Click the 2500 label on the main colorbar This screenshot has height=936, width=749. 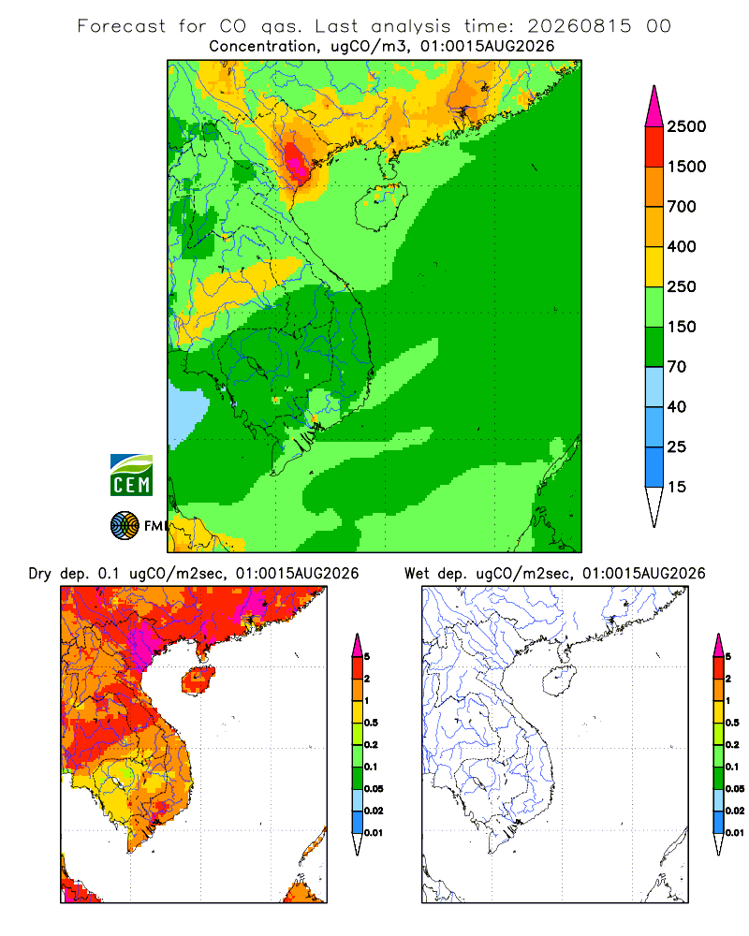[x=686, y=126]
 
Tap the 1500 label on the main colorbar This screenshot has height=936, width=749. [x=686, y=167]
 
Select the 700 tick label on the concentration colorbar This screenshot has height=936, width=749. [x=682, y=207]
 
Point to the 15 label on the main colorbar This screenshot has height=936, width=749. [x=677, y=487]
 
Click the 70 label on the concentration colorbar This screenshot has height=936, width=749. [x=677, y=367]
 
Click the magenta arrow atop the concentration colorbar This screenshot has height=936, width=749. [x=654, y=107]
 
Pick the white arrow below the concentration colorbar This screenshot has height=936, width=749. [x=654, y=506]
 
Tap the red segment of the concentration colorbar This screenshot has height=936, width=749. [x=654, y=147]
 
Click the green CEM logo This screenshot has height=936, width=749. [x=131, y=475]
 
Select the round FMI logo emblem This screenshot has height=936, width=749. [x=125, y=526]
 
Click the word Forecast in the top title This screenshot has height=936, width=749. [x=122, y=26]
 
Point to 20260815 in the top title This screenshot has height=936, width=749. [x=580, y=26]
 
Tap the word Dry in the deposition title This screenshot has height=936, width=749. [x=40, y=574]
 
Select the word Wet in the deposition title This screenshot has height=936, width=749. [x=417, y=574]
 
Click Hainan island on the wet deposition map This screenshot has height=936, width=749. [x=559, y=680]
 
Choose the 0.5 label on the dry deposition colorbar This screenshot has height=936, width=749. [x=371, y=723]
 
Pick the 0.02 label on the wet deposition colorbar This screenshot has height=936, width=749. [x=735, y=811]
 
